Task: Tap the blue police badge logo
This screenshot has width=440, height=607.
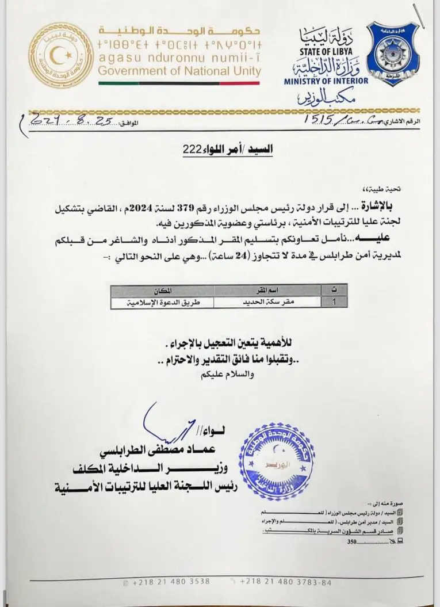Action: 398,54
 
